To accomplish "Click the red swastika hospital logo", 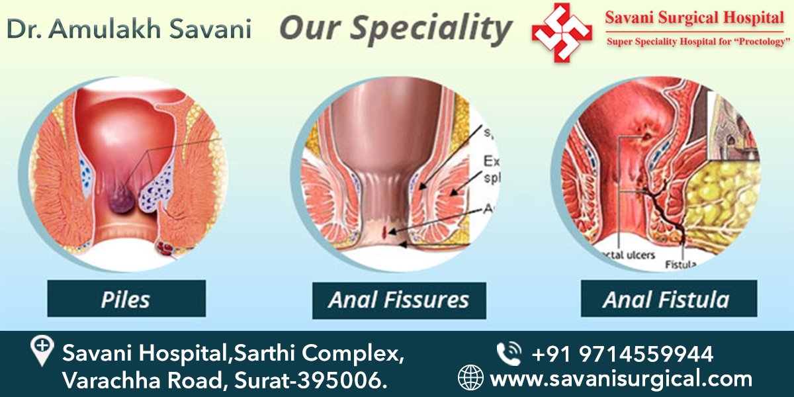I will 562,32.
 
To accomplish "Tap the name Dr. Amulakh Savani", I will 130,28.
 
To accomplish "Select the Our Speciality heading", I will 396,28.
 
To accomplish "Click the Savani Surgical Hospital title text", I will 694,18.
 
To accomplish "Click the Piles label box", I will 126,299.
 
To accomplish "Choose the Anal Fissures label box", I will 399,300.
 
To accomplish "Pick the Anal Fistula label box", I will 668,300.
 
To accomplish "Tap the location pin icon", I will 42,351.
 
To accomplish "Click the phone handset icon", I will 508,354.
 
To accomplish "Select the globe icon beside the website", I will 471,378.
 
